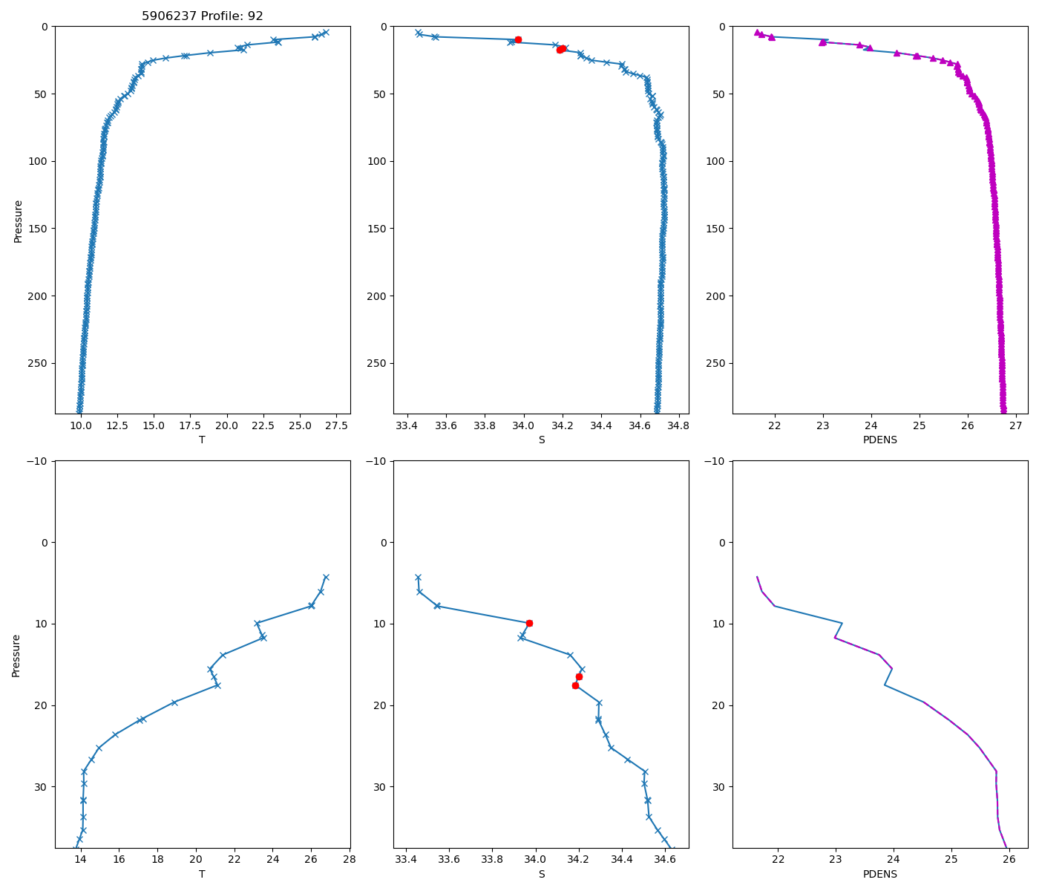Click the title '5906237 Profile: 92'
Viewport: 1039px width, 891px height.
[203, 16]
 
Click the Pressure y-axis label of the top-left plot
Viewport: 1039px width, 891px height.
[18, 221]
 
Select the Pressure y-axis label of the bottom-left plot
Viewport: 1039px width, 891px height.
[16, 655]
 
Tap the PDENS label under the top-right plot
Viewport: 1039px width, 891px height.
[879, 440]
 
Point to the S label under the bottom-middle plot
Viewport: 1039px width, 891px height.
[541, 874]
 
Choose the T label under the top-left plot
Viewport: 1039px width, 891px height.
[202, 440]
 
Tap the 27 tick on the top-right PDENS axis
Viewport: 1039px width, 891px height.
[1015, 426]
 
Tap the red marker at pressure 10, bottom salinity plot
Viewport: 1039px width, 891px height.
[529, 623]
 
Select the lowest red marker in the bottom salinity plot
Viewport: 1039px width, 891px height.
[575, 685]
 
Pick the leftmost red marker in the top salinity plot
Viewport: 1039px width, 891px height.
[518, 39]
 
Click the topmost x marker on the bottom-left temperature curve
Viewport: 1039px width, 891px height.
[325, 577]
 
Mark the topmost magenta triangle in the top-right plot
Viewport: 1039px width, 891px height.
[757, 33]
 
